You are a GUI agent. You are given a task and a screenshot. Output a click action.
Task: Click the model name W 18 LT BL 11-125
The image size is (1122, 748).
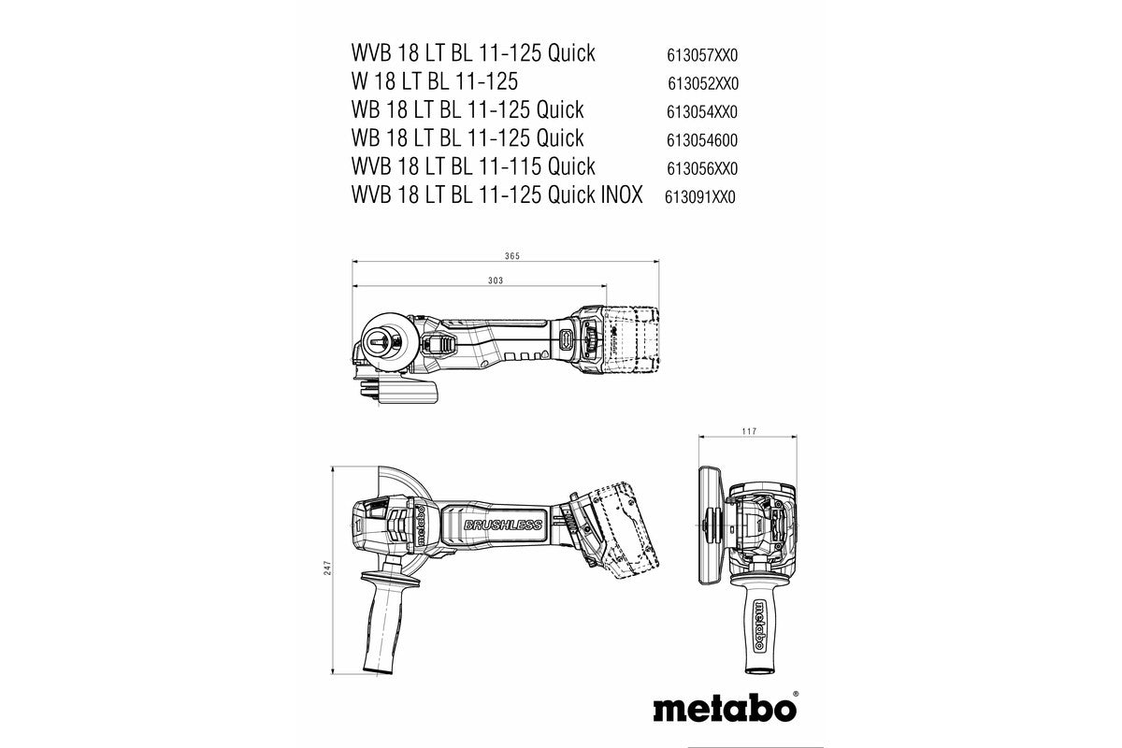pyautogui.click(x=448, y=80)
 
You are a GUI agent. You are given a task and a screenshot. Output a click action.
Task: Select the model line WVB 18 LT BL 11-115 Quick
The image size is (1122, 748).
pyautogui.click(x=473, y=166)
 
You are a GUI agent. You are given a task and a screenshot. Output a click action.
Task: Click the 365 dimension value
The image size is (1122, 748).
pyautogui.click(x=511, y=255)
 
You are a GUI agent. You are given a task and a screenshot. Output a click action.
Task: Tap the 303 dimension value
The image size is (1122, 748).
pyautogui.click(x=496, y=280)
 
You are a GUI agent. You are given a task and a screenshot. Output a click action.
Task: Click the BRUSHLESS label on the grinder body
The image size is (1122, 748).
pyautogui.click(x=502, y=526)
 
